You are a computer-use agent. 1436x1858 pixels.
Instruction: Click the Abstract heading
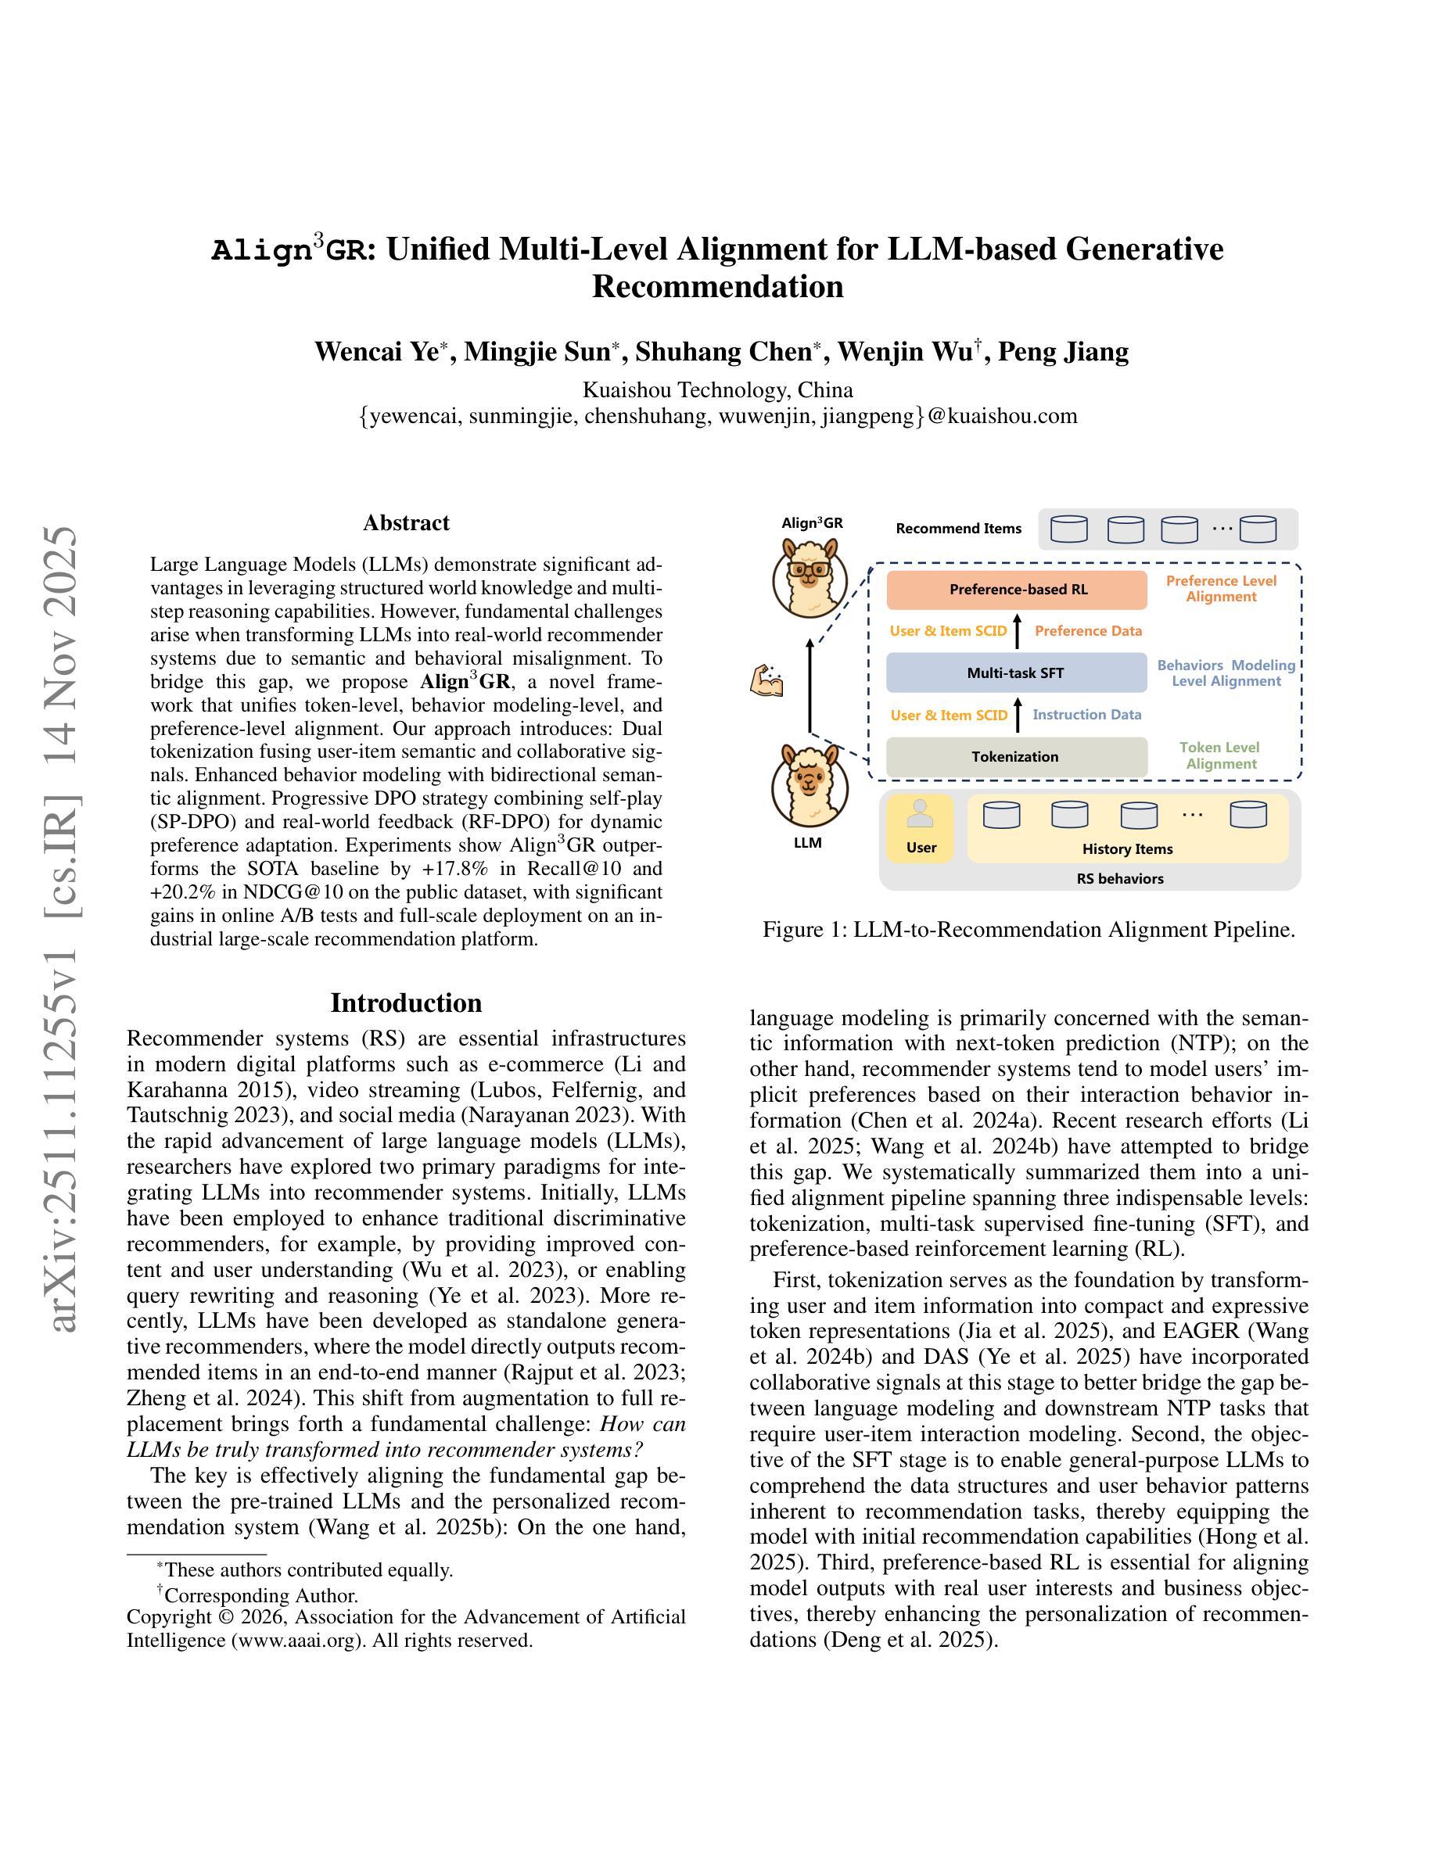pos(406,522)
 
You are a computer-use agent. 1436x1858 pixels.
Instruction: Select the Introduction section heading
pos(406,1003)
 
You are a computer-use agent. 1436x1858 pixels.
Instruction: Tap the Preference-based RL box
pos(1017,590)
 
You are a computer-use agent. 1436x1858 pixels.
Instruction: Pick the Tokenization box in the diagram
pos(1016,756)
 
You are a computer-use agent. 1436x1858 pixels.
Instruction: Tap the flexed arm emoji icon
pos(766,681)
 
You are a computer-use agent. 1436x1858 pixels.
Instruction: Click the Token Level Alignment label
pos(1221,755)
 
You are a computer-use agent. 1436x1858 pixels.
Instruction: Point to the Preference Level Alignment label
pos(1221,589)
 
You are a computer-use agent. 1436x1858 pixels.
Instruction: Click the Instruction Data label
pos(1086,715)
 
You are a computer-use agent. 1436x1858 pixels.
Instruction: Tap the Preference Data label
pos(1088,631)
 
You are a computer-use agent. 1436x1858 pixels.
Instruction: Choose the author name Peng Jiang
pos(1063,351)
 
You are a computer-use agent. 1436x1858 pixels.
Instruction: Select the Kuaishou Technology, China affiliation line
pos(717,389)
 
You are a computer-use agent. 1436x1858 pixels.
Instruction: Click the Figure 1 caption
pos(1029,930)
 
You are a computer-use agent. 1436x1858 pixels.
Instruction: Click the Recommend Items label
pos(958,529)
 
